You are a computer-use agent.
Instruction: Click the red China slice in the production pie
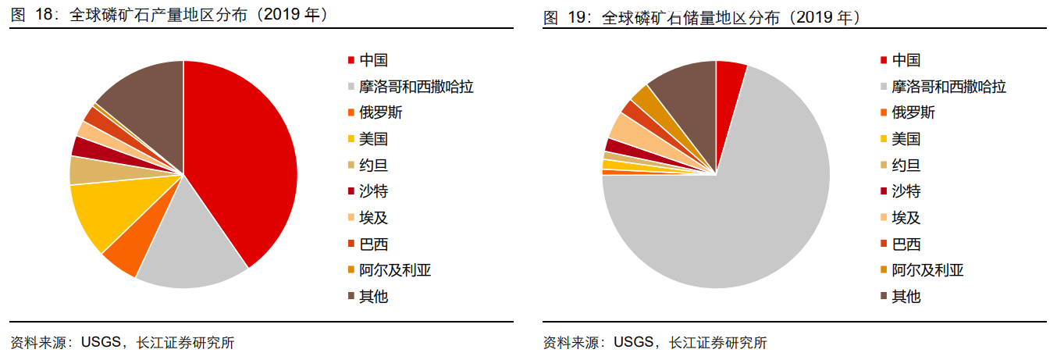pyautogui.click(x=242, y=156)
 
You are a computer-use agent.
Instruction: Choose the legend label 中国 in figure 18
pyautogui.click(x=373, y=60)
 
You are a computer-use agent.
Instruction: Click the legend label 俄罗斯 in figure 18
pyautogui.click(x=381, y=112)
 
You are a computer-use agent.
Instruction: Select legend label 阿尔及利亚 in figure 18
pyautogui.click(x=395, y=270)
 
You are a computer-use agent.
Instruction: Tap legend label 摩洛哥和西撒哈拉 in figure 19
pyautogui.click(x=948, y=87)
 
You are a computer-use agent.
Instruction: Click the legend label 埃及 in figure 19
pyautogui.click(x=906, y=218)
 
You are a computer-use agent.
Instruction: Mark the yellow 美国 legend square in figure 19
pyautogui.click(x=883, y=139)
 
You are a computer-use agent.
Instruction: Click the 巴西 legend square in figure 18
pyautogui.click(x=351, y=244)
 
